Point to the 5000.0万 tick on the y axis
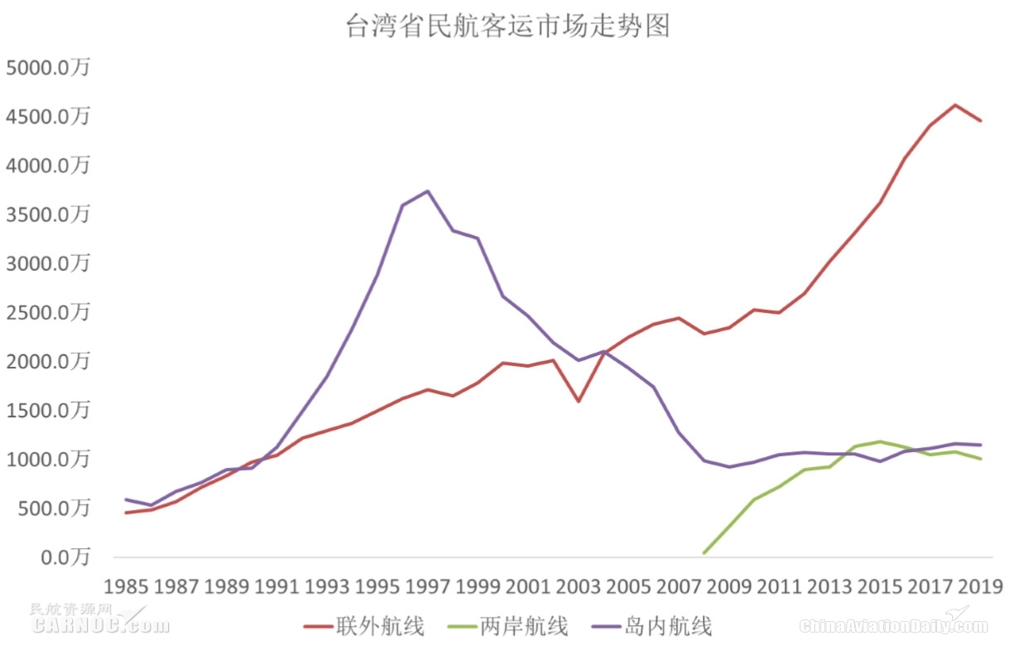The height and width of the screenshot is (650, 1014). pos(47,68)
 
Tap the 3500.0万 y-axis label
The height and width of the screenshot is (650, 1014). pos(47,215)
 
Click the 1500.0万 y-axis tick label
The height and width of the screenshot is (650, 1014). pos(47,411)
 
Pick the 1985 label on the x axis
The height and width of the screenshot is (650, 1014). pos(126,586)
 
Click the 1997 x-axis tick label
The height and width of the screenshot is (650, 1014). pos(428,586)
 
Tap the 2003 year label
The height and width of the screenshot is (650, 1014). pos(579,586)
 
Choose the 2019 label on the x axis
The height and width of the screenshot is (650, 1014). pos(981,586)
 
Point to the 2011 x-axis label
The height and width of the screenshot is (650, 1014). pos(780,586)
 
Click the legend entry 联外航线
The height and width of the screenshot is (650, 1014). pos(364,626)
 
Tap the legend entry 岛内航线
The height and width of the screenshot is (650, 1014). pos(652,626)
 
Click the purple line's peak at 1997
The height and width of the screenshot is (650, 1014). pos(428,191)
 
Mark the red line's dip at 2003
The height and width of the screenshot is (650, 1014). pos(579,402)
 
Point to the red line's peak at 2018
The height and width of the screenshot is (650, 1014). pos(956,105)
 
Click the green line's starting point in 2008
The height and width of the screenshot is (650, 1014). pos(704,552)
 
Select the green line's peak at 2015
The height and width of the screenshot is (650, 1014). pos(881,441)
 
